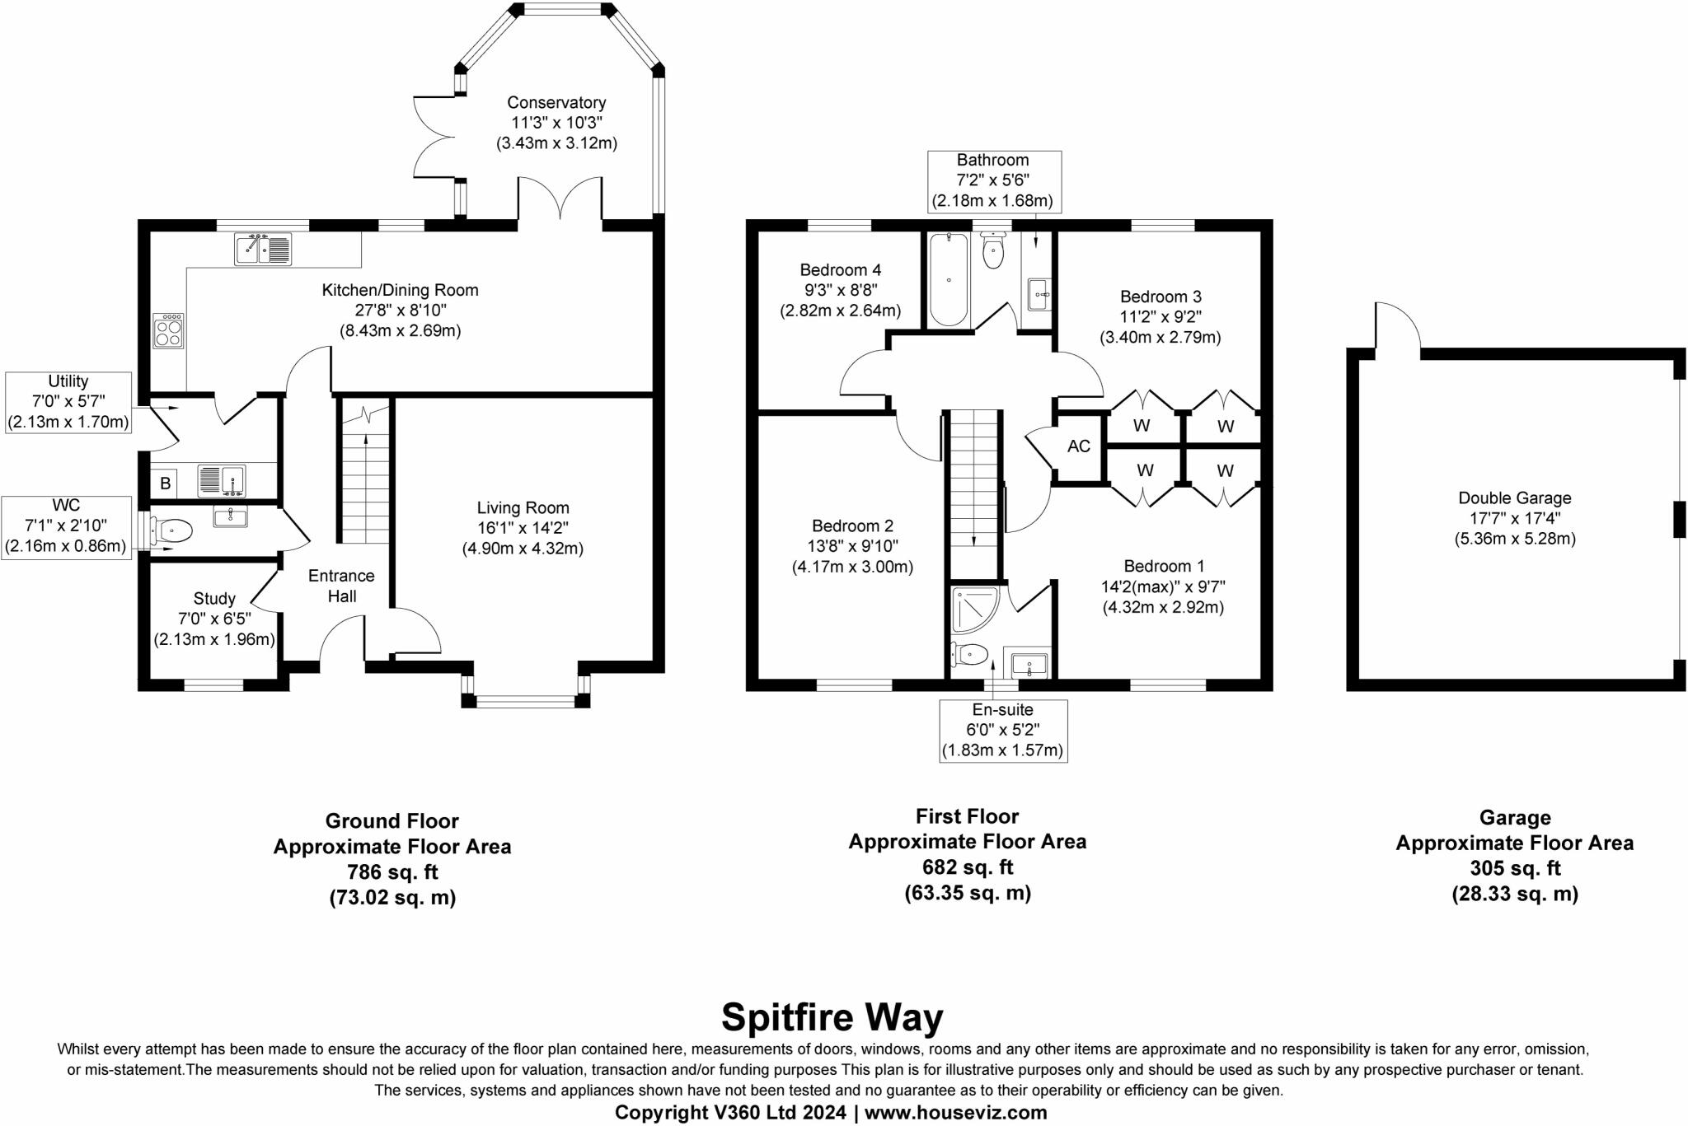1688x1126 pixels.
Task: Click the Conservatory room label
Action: click(x=556, y=103)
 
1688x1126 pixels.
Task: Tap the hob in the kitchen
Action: click(x=168, y=330)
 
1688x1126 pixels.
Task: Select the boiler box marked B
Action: click(x=165, y=484)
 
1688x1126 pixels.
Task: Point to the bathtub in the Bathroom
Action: click(x=949, y=279)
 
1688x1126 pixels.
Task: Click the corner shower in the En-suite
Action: click(x=972, y=607)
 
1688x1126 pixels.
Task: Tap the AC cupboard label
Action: click(x=1078, y=446)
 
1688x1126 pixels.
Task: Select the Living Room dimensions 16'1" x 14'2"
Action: click(x=523, y=529)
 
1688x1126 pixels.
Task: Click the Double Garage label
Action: click(x=1514, y=498)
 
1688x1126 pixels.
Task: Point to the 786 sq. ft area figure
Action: click(x=392, y=871)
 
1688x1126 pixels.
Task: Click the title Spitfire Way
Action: click(x=832, y=1017)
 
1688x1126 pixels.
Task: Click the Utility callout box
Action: click(x=68, y=402)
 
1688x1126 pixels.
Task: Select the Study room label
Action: click(x=214, y=599)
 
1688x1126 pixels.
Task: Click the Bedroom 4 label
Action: click(x=840, y=270)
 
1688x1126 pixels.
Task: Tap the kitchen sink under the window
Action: click(x=263, y=249)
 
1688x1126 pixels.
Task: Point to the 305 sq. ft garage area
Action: click(x=1514, y=868)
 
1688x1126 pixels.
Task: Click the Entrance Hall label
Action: click(x=341, y=586)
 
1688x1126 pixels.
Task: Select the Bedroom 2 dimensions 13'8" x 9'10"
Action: click(x=852, y=546)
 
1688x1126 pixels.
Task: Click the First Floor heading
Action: click(x=967, y=816)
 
